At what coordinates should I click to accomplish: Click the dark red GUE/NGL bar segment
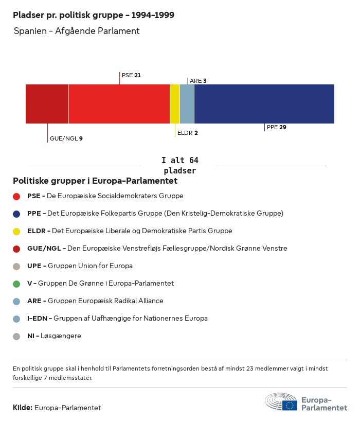tap(47, 104)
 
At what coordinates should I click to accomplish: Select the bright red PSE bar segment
tap(119, 104)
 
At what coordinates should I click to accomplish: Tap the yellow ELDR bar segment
tap(175, 104)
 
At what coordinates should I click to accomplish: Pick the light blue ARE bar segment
tap(187, 104)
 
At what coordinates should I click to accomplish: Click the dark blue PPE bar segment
tap(264, 104)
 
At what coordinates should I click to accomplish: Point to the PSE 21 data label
tap(131, 75)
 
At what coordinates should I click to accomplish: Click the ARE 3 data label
tap(198, 81)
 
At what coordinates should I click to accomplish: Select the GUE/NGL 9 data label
tap(66, 138)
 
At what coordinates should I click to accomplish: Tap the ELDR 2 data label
tap(187, 133)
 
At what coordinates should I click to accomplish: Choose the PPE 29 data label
tap(276, 127)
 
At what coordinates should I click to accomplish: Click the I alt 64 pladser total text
tap(179, 166)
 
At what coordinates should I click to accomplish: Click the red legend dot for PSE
tap(16, 196)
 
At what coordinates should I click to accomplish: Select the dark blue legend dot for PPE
tap(16, 214)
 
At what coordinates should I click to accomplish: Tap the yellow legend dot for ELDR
tap(16, 231)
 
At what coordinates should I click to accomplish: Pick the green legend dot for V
tap(16, 284)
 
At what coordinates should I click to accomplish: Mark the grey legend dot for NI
tap(16, 336)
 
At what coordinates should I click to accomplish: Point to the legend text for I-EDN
tap(117, 319)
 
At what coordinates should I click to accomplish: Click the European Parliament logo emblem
tap(281, 401)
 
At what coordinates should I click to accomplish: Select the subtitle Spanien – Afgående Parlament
tap(77, 31)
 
